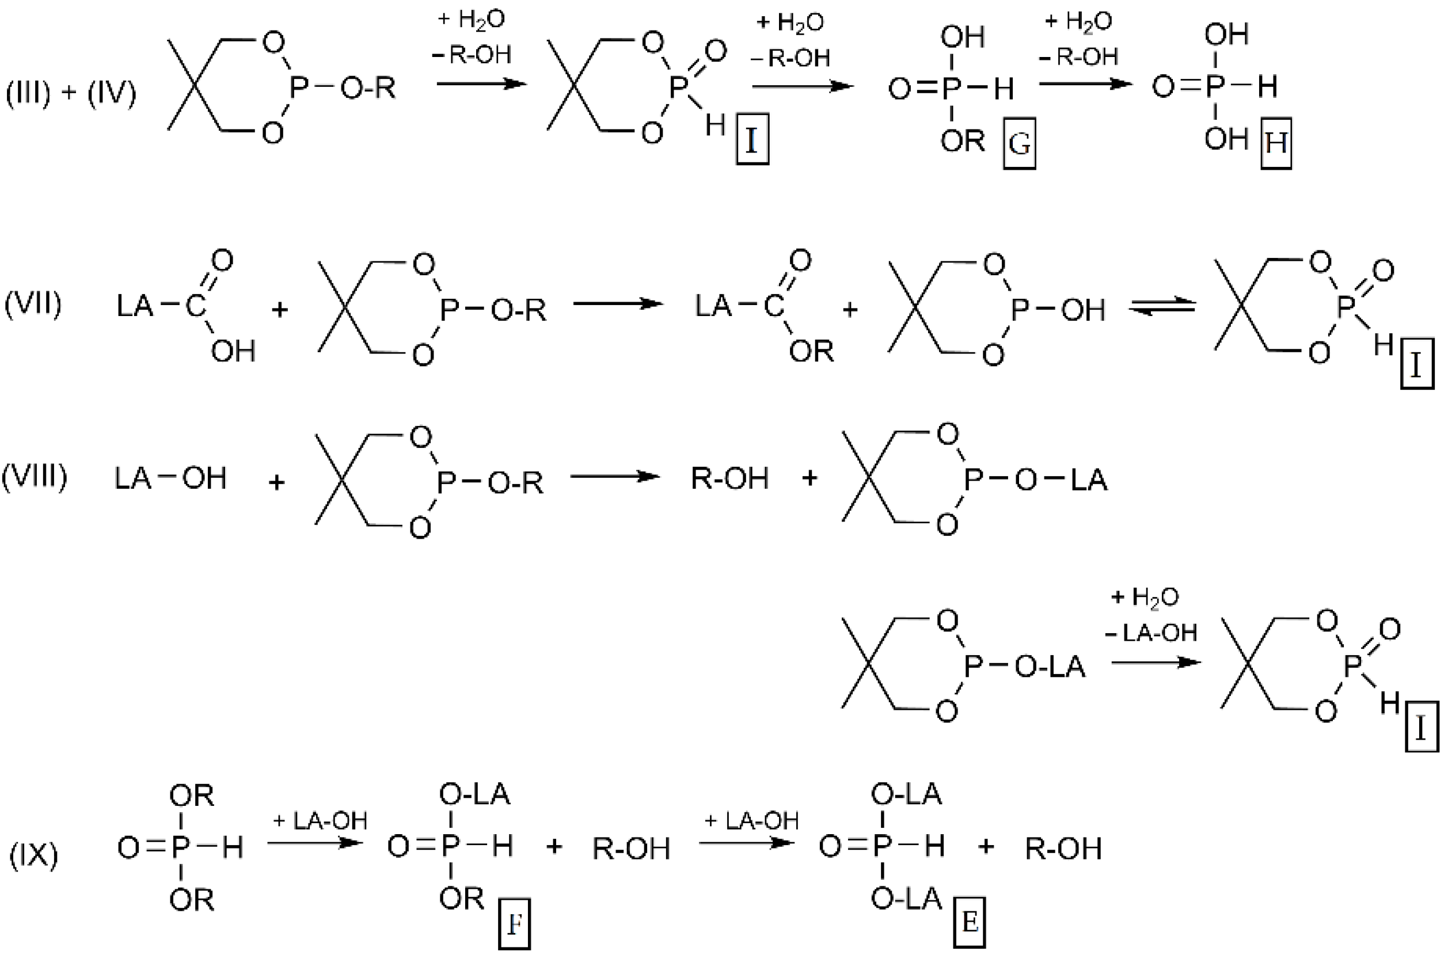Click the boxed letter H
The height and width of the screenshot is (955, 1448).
point(1276,144)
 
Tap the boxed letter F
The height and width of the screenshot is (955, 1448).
point(514,924)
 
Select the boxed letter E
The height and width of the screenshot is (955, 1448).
point(969,923)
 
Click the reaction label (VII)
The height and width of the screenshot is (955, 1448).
point(33,303)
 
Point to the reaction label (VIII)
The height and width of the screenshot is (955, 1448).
point(34,476)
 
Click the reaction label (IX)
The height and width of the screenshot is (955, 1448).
point(33,855)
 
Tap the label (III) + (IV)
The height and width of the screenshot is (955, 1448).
point(71,93)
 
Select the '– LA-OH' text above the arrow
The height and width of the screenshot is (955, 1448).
point(1151,633)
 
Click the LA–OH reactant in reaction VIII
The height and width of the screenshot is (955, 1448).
point(170,478)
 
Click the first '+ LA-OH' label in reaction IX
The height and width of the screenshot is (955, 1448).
point(320,821)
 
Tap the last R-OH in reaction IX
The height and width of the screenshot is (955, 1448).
point(1063,849)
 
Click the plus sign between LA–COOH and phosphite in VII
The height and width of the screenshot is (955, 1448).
point(280,310)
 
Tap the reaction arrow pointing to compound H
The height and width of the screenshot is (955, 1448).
point(1085,83)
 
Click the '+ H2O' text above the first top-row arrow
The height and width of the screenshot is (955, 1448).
point(471,20)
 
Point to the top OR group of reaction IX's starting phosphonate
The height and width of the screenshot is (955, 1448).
point(191,796)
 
